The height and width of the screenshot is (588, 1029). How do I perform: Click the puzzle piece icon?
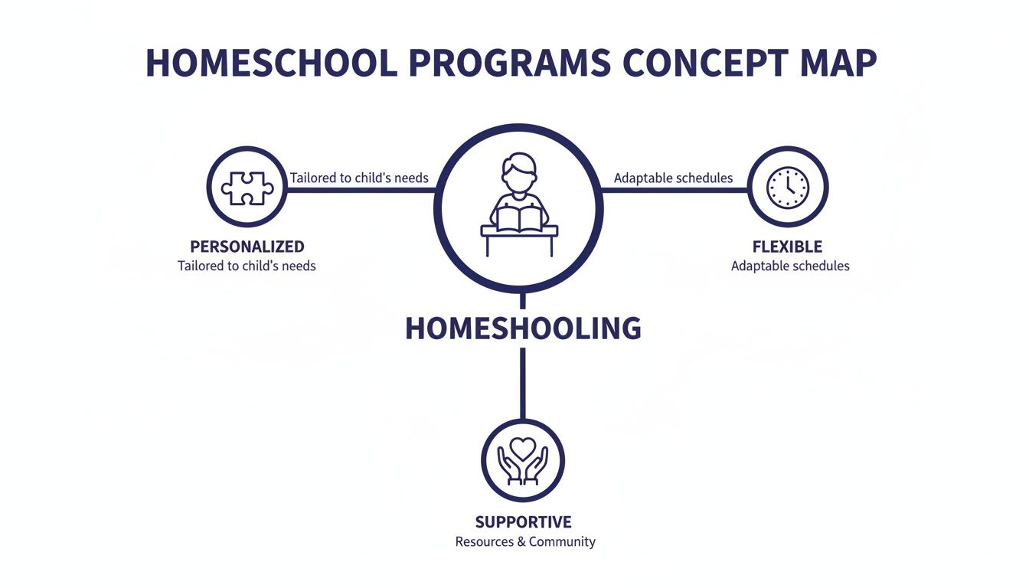[247, 188]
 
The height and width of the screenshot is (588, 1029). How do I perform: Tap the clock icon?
[788, 188]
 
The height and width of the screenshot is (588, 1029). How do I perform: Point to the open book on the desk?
[520, 219]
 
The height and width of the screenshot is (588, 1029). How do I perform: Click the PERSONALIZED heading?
[247, 247]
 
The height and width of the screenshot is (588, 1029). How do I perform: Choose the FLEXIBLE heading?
[787, 247]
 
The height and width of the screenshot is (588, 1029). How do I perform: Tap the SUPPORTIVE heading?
[523, 522]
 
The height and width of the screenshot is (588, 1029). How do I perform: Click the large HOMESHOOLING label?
[523, 328]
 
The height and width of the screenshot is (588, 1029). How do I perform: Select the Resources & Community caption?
[524, 542]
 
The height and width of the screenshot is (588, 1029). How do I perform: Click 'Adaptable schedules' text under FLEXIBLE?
[790, 266]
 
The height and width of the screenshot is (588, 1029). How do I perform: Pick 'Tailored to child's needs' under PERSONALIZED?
[247, 266]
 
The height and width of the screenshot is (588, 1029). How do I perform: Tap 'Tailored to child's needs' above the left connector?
[359, 178]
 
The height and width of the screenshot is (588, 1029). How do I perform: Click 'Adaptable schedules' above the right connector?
[673, 178]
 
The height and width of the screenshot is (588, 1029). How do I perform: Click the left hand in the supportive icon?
[508, 466]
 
